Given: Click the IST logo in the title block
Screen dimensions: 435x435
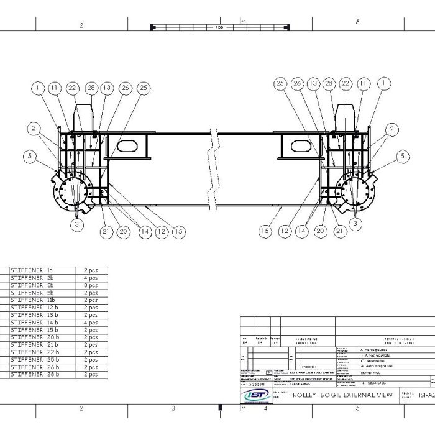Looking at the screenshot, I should click(255, 396).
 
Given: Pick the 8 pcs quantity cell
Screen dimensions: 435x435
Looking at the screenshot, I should click(91, 285).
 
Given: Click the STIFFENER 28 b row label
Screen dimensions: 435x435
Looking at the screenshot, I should click(35, 375).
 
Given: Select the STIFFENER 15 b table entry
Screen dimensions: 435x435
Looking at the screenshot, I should click(35, 330).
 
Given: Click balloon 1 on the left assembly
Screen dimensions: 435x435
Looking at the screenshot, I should click(38, 88).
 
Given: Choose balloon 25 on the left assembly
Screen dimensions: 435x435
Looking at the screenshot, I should click(144, 88).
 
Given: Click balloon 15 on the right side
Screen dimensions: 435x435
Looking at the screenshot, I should click(265, 231).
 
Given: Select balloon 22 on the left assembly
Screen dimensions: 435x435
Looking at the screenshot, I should click(72, 88).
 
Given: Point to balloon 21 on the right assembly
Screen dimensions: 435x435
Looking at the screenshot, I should click(339, 231).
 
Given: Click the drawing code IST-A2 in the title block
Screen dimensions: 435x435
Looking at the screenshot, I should click(426, 395).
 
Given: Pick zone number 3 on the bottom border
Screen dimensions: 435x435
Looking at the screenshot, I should click(173, 408).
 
